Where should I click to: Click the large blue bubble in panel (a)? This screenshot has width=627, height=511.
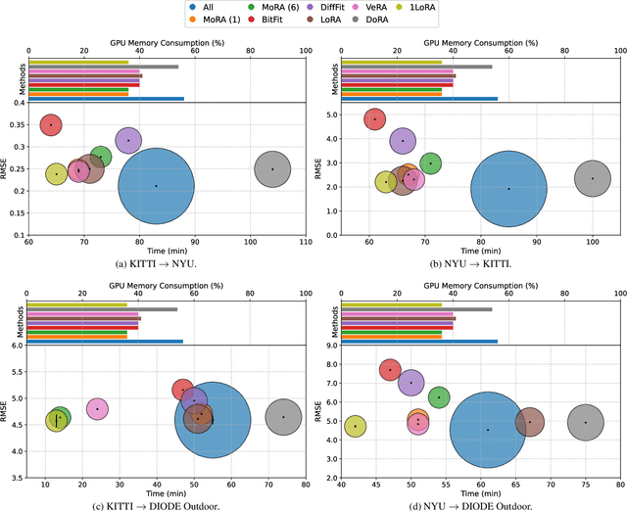pos(156,185)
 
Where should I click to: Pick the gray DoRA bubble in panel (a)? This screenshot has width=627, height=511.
pos(273,169)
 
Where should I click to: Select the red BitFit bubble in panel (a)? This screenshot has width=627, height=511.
pos(51,125)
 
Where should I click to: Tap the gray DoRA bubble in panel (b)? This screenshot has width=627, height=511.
pos(592,178)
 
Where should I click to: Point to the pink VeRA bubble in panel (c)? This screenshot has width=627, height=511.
pos(97,408)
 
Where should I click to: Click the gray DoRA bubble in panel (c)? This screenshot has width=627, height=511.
pos(283,417)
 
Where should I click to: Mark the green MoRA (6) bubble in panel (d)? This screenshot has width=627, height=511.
pos(439,397)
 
